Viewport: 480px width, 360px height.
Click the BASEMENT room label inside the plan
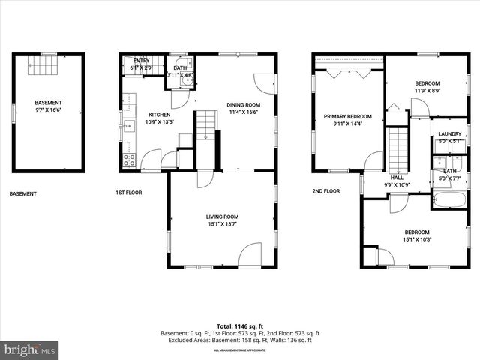[48, 103]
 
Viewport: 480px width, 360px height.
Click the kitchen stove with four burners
[129, 160]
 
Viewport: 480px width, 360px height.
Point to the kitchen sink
[129, 126]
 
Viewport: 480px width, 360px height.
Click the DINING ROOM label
[243, 104]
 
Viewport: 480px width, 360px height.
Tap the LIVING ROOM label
[222, 217]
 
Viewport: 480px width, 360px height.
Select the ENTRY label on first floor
[141, 61]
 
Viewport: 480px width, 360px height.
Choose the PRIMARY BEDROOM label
[348, 116]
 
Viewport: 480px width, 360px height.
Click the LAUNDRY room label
[450, 134]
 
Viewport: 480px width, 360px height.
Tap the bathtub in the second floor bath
[449, 199]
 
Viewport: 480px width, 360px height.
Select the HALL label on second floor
[397, 178]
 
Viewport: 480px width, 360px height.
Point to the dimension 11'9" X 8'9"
[427, 90]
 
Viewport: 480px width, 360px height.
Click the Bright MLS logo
[30, 349]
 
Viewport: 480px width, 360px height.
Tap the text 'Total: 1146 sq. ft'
[240, 326]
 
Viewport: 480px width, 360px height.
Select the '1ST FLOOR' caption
[129, 193]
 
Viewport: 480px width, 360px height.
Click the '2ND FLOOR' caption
[326, 190]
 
